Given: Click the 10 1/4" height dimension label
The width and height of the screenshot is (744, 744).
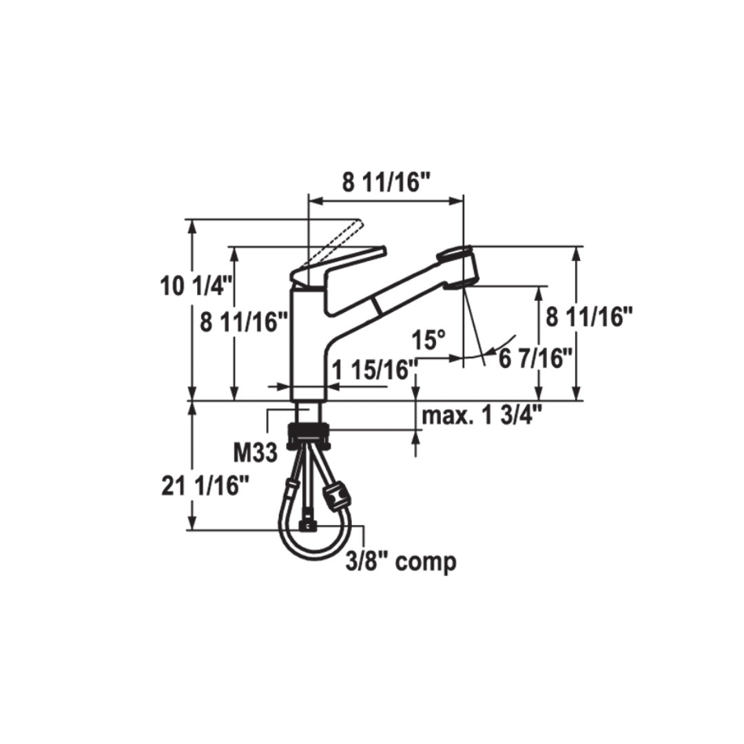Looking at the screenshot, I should click(x=188, y=285).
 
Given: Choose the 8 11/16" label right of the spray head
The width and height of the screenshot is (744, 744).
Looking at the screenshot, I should click(x=589, y=317).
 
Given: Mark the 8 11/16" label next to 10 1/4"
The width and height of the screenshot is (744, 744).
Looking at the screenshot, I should click(x=244, y=322).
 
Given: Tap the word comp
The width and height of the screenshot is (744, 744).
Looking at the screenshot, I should click(x=426, y=562).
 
